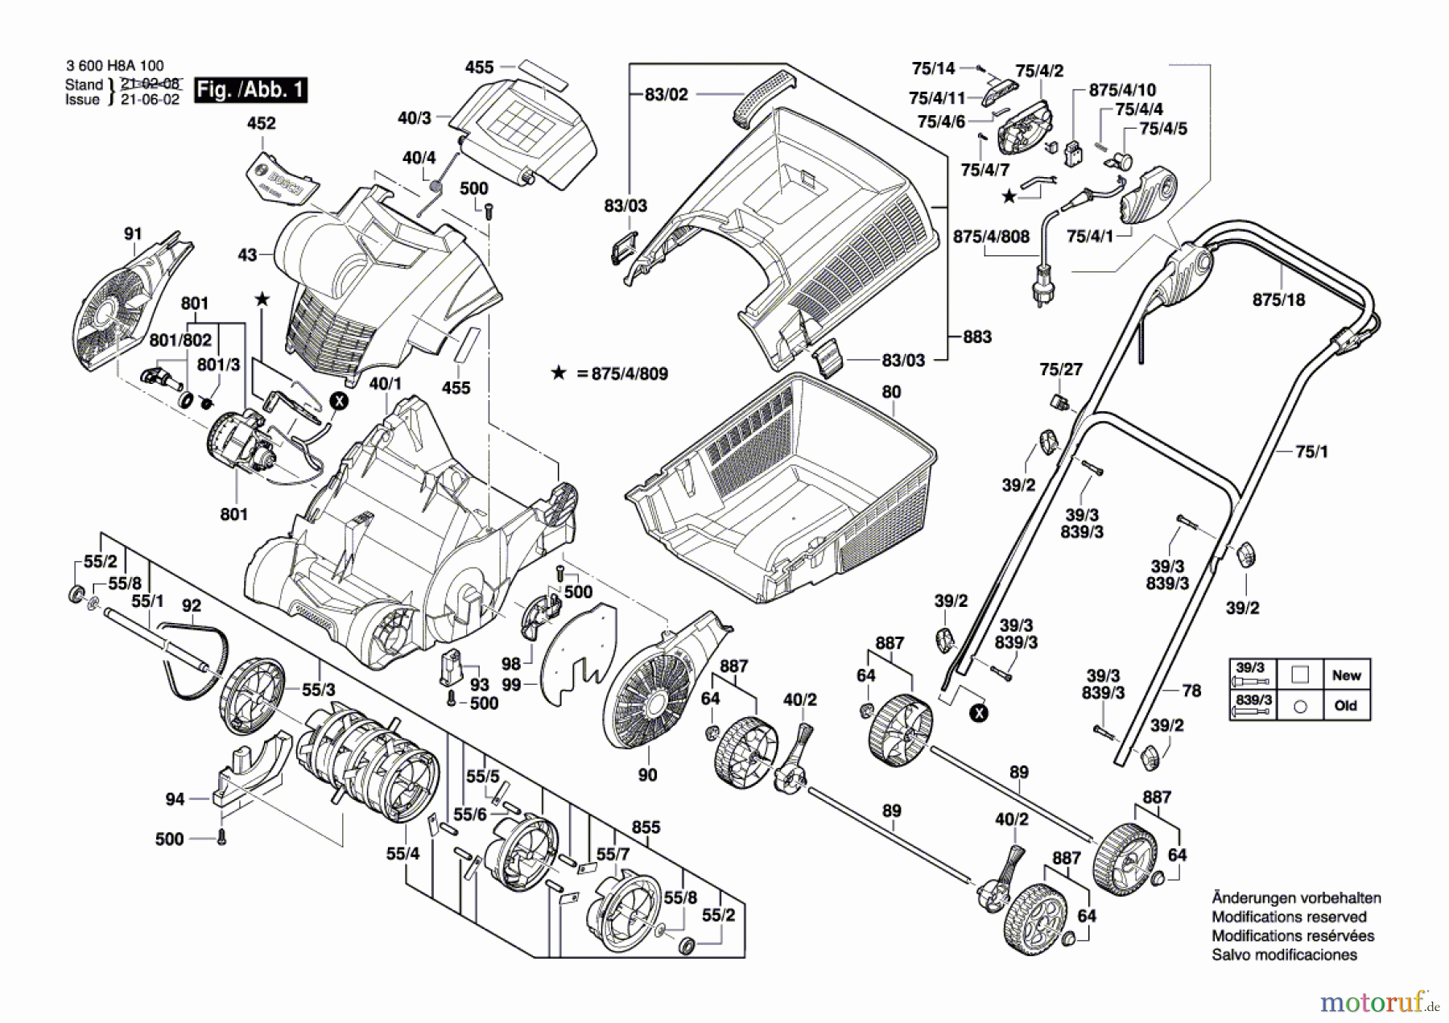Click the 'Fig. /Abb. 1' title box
pyautogui.click(x=250, y=89)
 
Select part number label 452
pyautogui.click(x=261, y=123)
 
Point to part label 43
pyautogui.click(x=247, y=254)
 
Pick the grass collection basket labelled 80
pyautogui.click(x=781, y=488)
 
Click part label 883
pyautogui.click(x=977, y=336)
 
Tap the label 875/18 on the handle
pyautogui.click(x=1278, y=299)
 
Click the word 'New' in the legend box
pyautogui.click(x=1346, y=675)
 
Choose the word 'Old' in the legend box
pyautogui.click(x=1345, y=705)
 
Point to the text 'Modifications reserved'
pyautogui.click(x=1290, y=917)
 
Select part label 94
pyautogui.click(x=175, y=798)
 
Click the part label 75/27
pyautogui.click(x=1061, y=369)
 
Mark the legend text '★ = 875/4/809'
pyautogui.click(x=609, y=373)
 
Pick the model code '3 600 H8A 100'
pyautogui.click(x=114, y=66)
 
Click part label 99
pyautogui.click(x=511, y=684)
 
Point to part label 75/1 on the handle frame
pyautogui.click(x=1311, y=452)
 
